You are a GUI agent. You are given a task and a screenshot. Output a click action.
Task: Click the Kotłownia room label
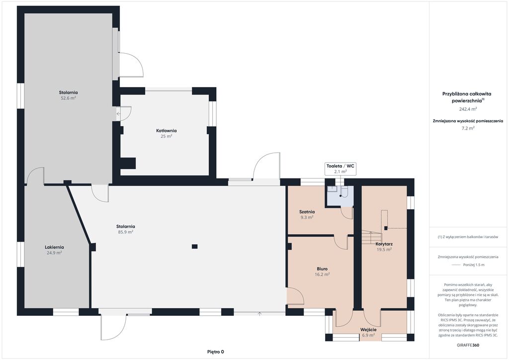coord(166,130)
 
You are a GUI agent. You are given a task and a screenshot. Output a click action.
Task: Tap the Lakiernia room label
coord(54,247)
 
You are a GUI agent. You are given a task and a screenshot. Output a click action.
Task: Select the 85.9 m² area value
coord(126,232)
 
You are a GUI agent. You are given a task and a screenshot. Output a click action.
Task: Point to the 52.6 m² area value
coord(68,98)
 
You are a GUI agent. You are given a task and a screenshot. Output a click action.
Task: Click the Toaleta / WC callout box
coord(340,169)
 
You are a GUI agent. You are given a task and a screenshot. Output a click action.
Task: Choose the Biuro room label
coord(322,269)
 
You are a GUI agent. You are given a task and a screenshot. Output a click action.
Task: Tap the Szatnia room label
coord(307,212)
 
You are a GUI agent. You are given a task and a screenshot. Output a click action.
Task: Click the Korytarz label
coord(384,244)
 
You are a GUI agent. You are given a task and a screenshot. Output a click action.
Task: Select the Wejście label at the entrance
coord(368,330)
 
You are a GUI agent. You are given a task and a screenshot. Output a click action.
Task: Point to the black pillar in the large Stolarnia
coord(194,247)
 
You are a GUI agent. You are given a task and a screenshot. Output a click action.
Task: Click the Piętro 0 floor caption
coord(216,352)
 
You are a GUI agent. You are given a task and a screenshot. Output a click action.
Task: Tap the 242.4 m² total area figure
coord(468,109)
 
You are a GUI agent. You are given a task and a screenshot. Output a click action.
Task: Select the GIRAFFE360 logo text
coord(468,345)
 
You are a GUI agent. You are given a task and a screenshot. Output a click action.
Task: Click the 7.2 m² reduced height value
coord(468,128)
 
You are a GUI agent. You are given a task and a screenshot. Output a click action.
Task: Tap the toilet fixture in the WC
coord(344,192)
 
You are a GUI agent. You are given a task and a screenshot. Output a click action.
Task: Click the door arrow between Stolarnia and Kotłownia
coord(118,113)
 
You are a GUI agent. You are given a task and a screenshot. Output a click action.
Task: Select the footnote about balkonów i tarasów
coord(468,237)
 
